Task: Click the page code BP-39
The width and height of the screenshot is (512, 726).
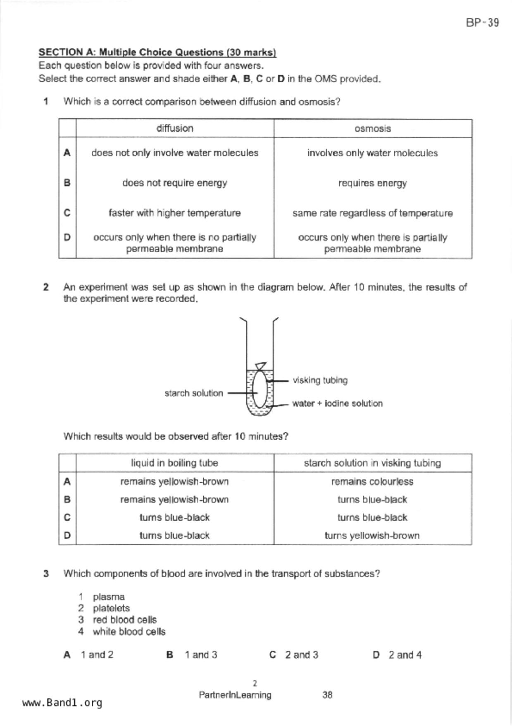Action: point(482,22)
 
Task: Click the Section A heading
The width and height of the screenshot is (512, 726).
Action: point(157,53)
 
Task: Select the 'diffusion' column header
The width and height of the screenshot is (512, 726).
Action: point(175,128)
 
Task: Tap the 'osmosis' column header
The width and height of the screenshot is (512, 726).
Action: point(372,129)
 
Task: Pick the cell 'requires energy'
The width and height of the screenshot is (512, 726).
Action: point(372,183)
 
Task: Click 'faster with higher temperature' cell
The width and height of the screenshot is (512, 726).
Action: point(175,213)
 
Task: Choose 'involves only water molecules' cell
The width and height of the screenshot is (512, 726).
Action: point(372,153)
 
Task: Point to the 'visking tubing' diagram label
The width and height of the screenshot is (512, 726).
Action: point(320,380)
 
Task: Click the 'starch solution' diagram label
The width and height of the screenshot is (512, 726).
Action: point(193,393)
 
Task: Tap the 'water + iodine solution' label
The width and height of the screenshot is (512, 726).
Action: point(337,403)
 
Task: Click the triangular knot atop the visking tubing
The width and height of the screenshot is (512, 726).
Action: point(260,366)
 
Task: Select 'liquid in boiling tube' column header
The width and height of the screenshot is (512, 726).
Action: point(174,463)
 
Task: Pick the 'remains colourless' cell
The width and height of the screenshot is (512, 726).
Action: point(372,481)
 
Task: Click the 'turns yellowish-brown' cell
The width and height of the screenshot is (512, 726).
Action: point(372,536)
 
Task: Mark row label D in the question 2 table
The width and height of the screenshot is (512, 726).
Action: point(67,536)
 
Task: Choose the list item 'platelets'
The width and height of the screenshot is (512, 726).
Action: point(111,608)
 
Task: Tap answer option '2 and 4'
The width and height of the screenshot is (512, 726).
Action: point(405,655)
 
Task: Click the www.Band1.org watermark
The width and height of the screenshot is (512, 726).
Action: point(62,703)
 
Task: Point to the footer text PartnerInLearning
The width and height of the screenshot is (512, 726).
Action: point(235,695)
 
